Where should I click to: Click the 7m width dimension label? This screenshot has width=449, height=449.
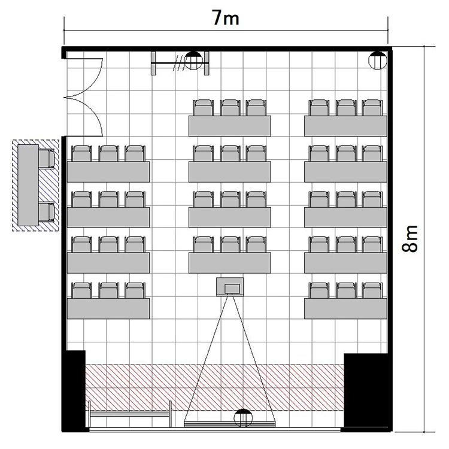coord(226,19)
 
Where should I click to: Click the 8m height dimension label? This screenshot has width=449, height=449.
coord(409,238)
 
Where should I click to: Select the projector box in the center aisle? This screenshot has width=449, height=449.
coord(230,287)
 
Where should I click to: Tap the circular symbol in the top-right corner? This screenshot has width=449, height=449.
coord(378,60)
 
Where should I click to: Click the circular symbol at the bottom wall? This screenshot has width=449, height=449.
coord(244,418)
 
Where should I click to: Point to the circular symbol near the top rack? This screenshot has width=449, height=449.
coord(193,60)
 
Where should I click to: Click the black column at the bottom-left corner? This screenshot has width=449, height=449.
coord(74,390)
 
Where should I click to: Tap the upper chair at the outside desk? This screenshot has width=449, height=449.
coord(47,159)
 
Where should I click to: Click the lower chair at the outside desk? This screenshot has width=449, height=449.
coord(47,212)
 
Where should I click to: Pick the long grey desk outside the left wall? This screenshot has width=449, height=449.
coord(28,185)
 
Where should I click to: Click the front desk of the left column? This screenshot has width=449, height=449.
coord(108,308)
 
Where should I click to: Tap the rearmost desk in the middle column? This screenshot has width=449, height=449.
coord(230,126)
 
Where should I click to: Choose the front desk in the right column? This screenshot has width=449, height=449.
coord(345,308)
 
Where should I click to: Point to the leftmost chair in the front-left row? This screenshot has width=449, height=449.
coord(82,290)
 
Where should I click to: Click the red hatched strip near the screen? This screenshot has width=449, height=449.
coord(214,387)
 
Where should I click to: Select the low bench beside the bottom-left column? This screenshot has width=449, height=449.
coord(130,414)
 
